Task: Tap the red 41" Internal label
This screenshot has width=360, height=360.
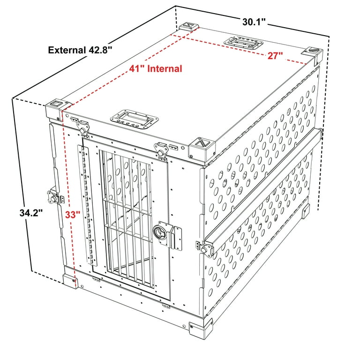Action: tap(156, 69)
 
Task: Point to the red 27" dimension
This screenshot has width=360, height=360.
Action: tap(275, 56)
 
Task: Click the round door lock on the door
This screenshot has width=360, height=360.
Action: tap(159, 231)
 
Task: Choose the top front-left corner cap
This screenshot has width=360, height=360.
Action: tap(55, 106)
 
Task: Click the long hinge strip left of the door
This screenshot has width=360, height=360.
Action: tap(85, 202)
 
